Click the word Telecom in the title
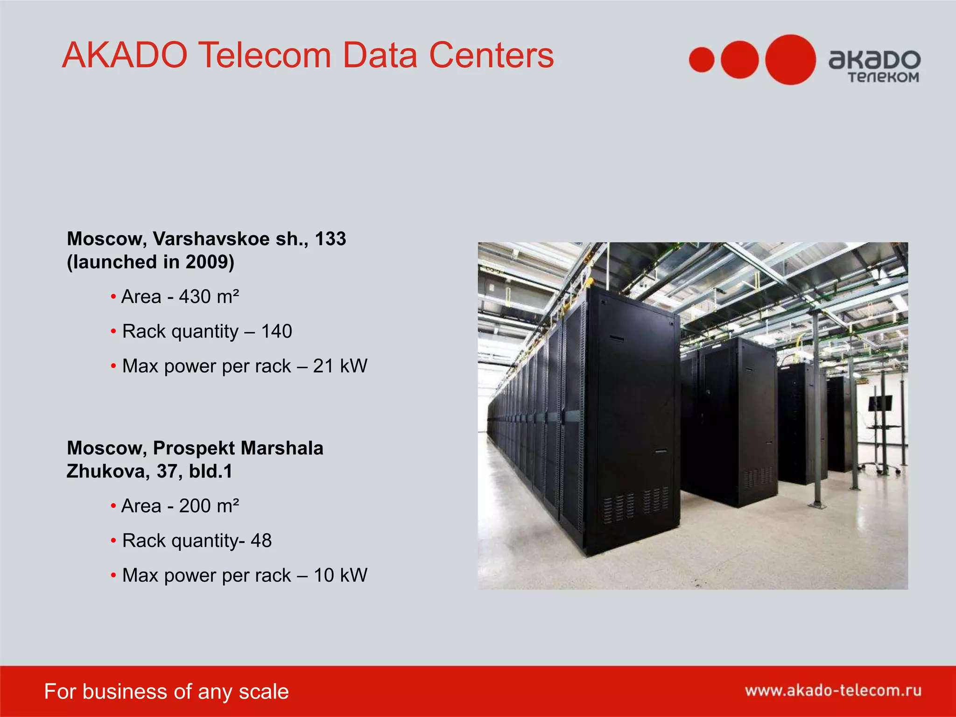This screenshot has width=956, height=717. [266, 56]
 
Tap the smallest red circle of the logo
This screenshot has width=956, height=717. [702, 60]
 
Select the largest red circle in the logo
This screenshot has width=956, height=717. [790, 60]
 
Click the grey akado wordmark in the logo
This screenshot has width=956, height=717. [874, 60]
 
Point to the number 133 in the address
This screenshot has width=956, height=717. [330, 239]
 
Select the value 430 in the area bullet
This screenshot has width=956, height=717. [195, 297]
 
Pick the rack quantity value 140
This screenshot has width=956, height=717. [276, 331]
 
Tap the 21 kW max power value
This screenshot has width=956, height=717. [340, 366]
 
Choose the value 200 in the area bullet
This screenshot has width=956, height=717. [195, 506]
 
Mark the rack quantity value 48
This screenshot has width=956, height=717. [261, 541]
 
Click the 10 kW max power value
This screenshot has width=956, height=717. [340, 576]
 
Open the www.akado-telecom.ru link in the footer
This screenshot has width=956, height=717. [833, 690]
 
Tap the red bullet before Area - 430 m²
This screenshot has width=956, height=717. [113, 297]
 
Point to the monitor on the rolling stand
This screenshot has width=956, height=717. [879, 403]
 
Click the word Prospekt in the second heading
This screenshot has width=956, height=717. [194, 448]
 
